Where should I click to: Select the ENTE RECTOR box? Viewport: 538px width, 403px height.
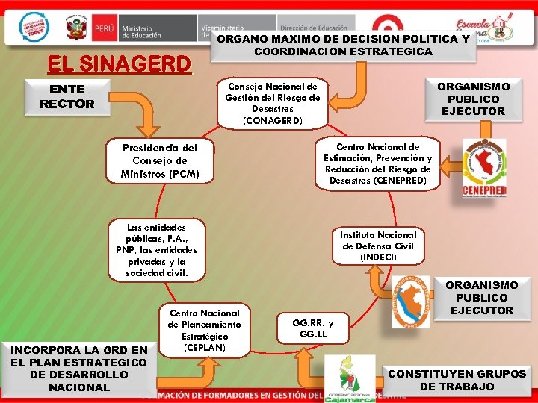point(67,97)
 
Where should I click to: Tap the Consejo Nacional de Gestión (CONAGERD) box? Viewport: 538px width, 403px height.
point(273,104)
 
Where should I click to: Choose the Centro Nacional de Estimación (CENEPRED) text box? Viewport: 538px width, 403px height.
point(378,163)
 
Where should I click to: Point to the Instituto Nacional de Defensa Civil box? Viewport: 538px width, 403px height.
point(378,246)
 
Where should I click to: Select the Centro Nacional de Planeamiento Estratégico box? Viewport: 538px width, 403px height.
point(205,331)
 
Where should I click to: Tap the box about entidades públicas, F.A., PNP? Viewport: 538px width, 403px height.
point(157,250)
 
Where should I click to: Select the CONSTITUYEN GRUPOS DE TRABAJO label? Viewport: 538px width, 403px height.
point(457,380)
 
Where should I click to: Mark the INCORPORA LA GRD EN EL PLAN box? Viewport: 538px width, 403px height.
point(79,368)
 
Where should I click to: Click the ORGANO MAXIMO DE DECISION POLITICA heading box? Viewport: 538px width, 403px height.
point(343,45)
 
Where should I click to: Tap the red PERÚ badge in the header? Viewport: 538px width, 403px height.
point(105,29)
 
